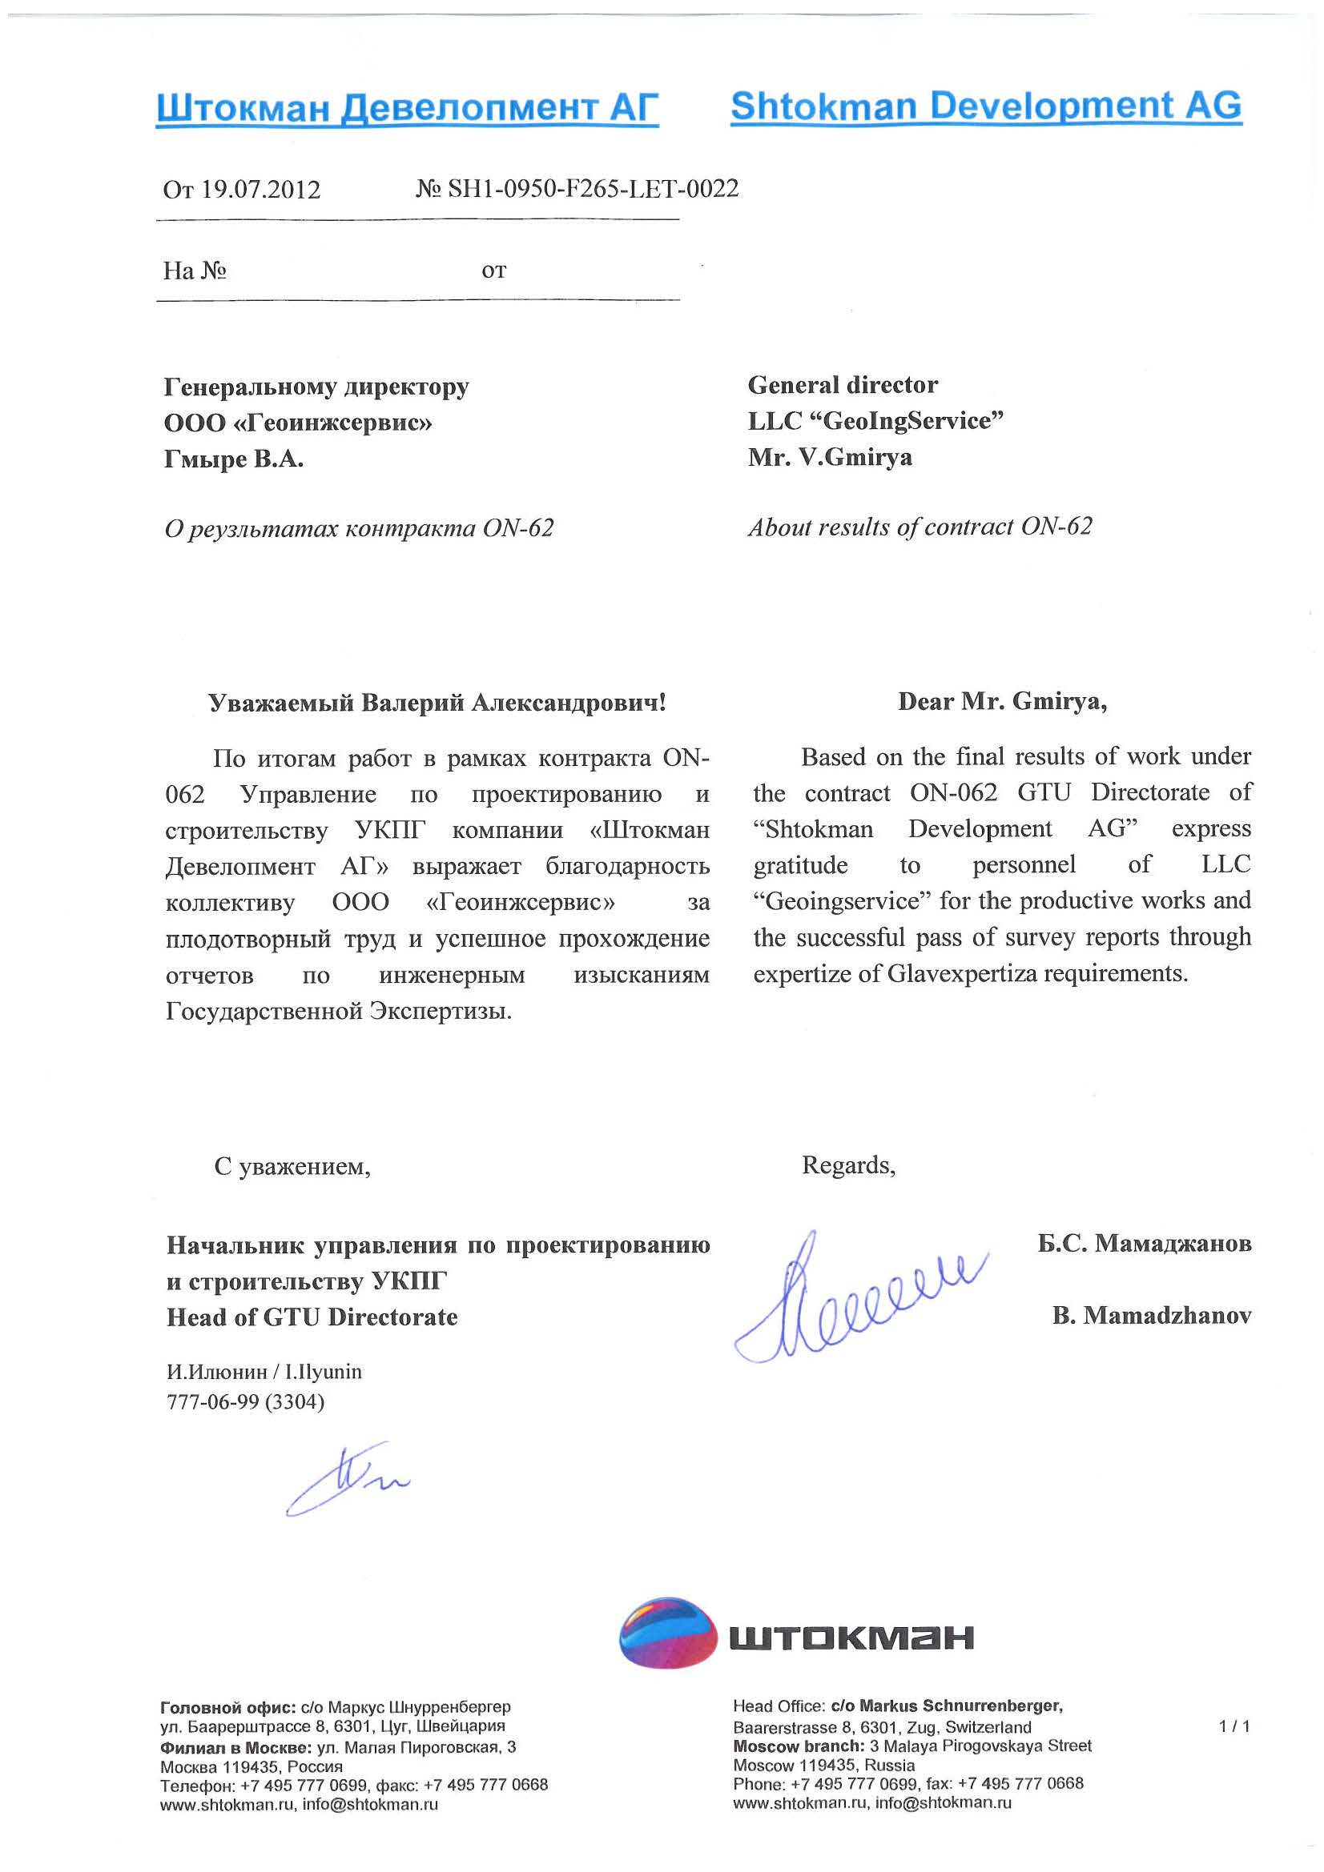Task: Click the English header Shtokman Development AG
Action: pyautogui.click(x=985, y=106)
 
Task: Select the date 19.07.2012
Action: pyautogui.click(x=260, y=190)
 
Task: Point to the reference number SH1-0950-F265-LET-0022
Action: pyautogui.click(x=592, y=189)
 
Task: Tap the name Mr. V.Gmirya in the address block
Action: pyautogui.click(x=830, y=458)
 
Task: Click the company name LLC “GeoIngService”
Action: pyautogui.click(x=875, y=421)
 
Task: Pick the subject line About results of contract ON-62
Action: pyautogui.click(x=920, y=527)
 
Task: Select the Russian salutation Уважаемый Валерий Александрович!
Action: pyautogui.click(x=437, y=703)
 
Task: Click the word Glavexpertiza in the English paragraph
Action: pyautogui.click(x=968, y=973)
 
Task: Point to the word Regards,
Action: pyautogui.click(x=848, y=1165)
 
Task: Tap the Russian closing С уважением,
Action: pyautogui.click(x=292, y=1167)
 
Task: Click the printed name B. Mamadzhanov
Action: pyautogui.click(x=1151, y=1315)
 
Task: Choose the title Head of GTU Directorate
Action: pyautogui.click(x=312, y=1317)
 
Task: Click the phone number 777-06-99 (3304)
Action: pyautogui.click(x=245, y=1401)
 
